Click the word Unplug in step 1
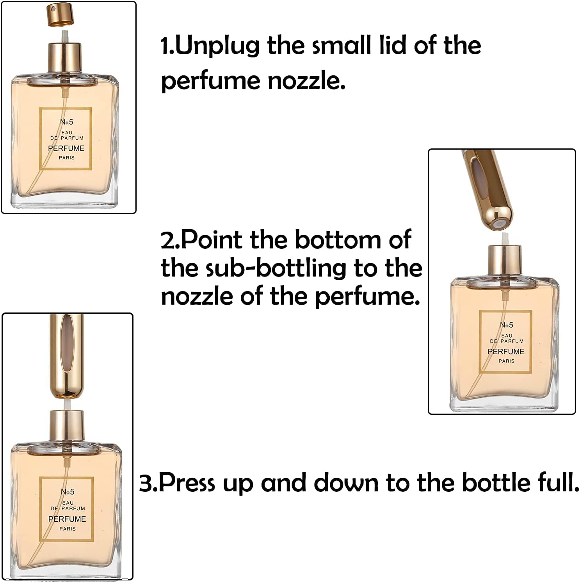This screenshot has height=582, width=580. [x=218, y=46]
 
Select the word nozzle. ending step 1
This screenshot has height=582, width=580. [x=306, y=81]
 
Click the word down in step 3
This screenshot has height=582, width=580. [x=346, y=483]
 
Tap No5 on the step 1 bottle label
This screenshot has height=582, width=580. [x=66, y=122]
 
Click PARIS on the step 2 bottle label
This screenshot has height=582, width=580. [x=506, y=361]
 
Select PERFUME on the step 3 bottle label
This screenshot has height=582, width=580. [x=67, y=519]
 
